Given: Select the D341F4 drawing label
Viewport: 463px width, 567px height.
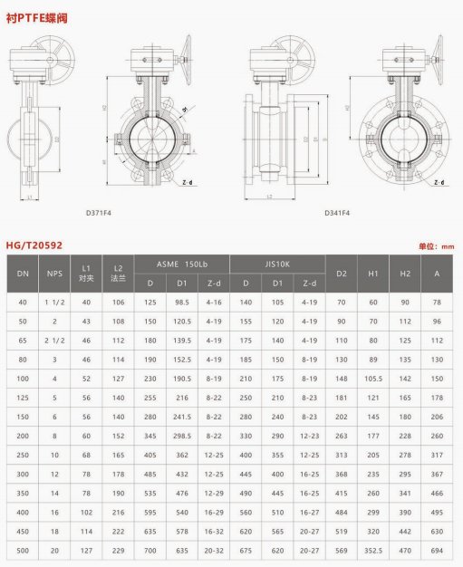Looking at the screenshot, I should coord(339,215).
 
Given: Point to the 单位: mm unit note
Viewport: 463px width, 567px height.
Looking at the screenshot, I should coord(436,245).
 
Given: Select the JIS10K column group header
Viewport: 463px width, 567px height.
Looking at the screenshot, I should coord(275,263).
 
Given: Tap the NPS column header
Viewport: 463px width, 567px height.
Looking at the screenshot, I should coord(56,273).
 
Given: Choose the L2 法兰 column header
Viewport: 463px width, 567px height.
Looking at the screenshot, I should coord(117,273).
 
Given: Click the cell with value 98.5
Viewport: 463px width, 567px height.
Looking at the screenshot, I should coord(182,303).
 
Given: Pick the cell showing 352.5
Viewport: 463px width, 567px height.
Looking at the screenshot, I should coord(371,548).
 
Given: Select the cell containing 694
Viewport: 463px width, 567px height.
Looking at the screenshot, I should coord(438,548).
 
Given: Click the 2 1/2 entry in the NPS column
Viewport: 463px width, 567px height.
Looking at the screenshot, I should coord(56,340).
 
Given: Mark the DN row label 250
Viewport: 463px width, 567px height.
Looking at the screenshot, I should coord(22,454).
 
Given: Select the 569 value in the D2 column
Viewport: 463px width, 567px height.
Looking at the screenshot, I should coord(342,548).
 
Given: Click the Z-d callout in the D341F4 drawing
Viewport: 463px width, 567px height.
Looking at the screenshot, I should coord(439,182).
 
